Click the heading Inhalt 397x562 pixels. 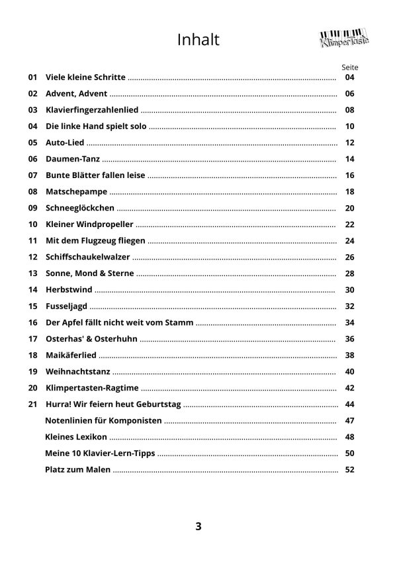[198, 41]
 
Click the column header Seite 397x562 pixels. [349, 68]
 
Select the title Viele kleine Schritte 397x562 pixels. [85, 77]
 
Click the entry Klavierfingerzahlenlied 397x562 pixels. [91, 110]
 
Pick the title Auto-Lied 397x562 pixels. [64, 142]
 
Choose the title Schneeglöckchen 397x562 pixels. [80, 208]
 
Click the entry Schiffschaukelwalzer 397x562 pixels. [87, 257]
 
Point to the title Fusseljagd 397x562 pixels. [66, 306]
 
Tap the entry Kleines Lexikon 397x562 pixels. [75, 437]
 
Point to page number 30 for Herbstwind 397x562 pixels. [351, 289]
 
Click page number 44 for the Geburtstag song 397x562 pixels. [351, 404]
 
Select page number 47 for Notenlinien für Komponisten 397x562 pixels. [351, 420]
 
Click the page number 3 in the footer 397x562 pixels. [198, 527]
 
